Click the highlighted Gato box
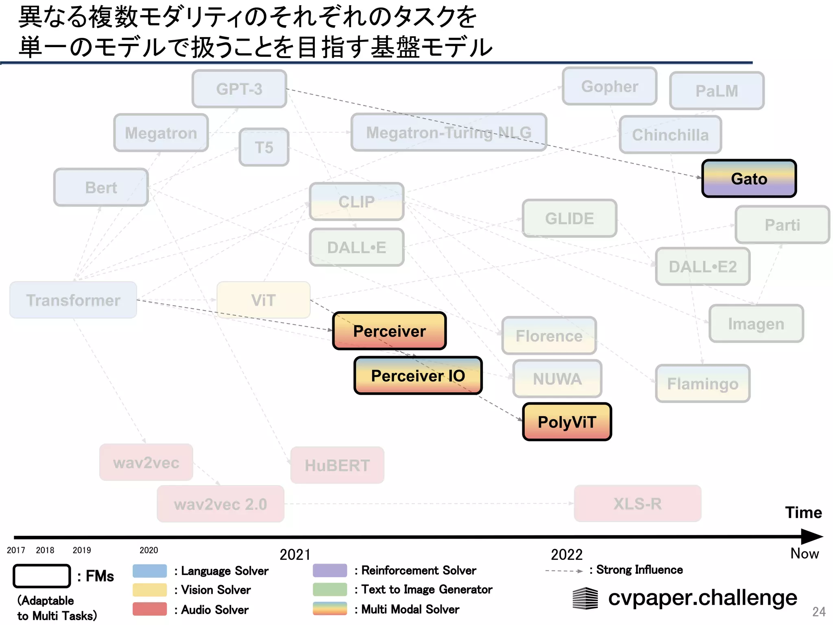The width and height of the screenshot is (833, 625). pyautogui.click(x=749, y=179)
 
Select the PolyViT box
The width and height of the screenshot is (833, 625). pyautogui.click(x=567, y=422)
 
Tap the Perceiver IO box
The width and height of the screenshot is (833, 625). pyautogui.click(x=418, y=376)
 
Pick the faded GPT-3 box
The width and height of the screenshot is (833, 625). pyautogui.click(x=239, y=89)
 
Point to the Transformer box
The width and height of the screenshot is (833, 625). pyautogui.click(x=73, y=300)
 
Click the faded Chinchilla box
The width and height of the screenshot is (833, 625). pyautogui.click(x=670, y=135)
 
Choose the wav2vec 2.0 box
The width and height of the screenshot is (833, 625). pyautogui.click(x=220, y=504)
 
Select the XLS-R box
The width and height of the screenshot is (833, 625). pyautogui.click(x=637, y=503)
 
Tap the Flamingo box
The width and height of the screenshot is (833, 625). pyautogui.click(x=702, y=383)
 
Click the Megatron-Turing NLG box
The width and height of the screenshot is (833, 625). pyautogui.click(x=449, y=132)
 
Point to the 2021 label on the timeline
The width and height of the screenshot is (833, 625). pyautogui.click(x=295, y=555)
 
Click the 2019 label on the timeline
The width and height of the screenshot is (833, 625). pyautogui.click(x=82, y=550)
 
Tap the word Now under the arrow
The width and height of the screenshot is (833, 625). pyautogui.click(x=804, y=553)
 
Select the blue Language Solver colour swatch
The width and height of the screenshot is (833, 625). pyautogui.click(x=150, y=570)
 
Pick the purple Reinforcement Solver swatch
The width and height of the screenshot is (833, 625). pyautogui.click(x=330, y=570)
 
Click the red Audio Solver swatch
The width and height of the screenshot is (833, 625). pyautogui.click(x=150, y=609)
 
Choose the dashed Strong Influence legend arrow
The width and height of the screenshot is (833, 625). pyautogui.click(x=564, y=571)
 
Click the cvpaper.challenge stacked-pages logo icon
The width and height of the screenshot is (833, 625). pyautogui.click(x=585, y=598)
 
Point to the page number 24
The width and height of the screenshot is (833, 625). pyautogui.click(x=818, y=612)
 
